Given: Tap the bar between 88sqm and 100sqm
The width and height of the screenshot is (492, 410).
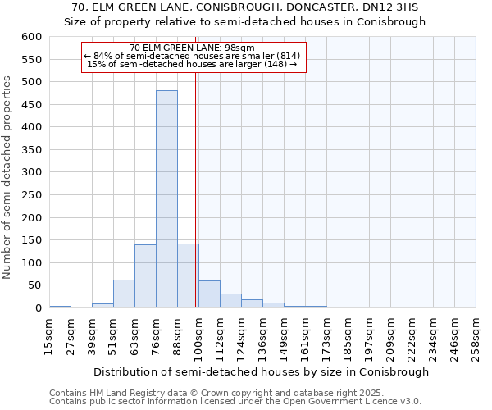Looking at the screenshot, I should tap(188, 276).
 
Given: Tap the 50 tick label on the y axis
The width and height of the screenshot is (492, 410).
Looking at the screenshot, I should tap(34, 285).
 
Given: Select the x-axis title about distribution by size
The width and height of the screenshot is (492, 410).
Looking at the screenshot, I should tap(262, 371).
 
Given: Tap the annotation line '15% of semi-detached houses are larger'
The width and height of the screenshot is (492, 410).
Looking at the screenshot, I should tap(193, 64).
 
